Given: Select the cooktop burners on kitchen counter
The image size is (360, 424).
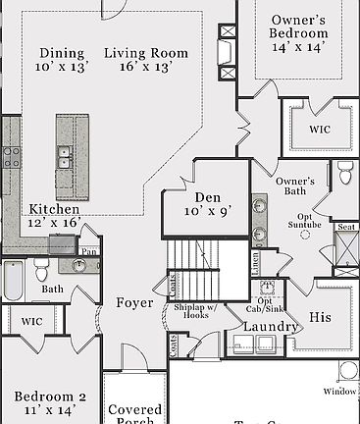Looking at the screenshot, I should pyautogui.click(x=10, y=155).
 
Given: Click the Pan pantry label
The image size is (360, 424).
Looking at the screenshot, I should pyautogui.click(x=89, y=251).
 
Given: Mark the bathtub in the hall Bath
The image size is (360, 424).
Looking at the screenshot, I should pyautogui.click(x=13, y=280).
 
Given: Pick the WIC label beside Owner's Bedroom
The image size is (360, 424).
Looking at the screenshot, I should pyautogui.click(x=319, y=129).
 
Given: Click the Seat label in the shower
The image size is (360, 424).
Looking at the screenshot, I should pyautogui.click(x=345, y=227).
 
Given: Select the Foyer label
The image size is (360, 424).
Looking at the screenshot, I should pyautogui.click(x=134, y=302).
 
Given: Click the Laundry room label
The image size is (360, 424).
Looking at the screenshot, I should pyautogui.click(x=270, y=326).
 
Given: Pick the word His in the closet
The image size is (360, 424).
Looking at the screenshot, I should pyautogui.click(x=320, y=318).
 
